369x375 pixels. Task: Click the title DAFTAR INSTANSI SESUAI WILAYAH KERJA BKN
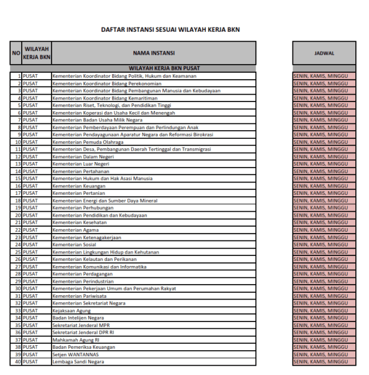tap(170, 29)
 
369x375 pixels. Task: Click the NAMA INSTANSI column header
tap(153, 53)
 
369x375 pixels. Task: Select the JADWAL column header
tap(324, 53)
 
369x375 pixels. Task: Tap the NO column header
tap(16, 53)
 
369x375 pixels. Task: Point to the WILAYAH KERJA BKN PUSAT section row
tap(153, 69)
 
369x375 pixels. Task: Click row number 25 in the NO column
tap(18, 252)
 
